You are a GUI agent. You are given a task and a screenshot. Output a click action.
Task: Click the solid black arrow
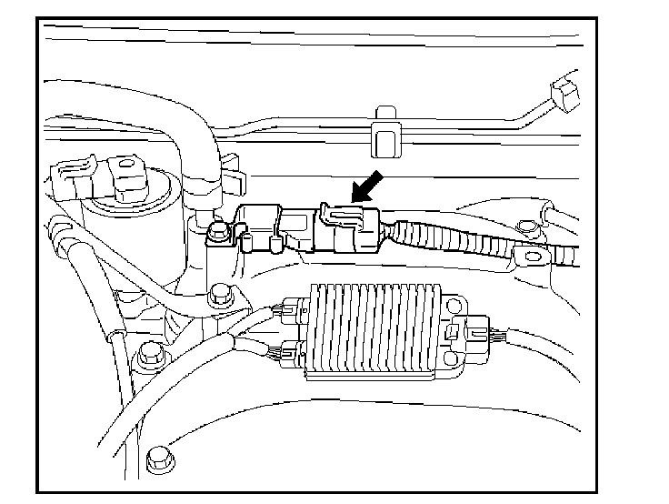365,187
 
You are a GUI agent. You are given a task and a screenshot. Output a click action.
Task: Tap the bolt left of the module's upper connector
218,296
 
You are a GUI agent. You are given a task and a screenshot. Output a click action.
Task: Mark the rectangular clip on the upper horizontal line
385,132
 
